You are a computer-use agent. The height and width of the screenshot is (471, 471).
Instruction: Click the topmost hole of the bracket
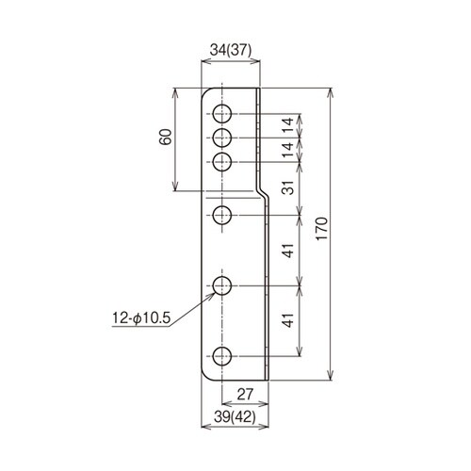point(221,115)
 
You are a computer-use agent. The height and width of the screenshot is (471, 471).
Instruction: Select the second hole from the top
point(221,138)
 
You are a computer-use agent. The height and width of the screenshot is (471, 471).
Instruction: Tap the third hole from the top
point(221,162)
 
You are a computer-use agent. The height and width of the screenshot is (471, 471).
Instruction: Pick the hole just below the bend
point(221,215)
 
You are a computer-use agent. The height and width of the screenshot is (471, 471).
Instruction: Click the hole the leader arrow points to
point(221,284)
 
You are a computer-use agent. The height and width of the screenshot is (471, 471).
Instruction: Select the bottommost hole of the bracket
point(221,356)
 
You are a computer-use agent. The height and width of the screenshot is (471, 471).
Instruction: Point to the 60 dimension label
point(167,138)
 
